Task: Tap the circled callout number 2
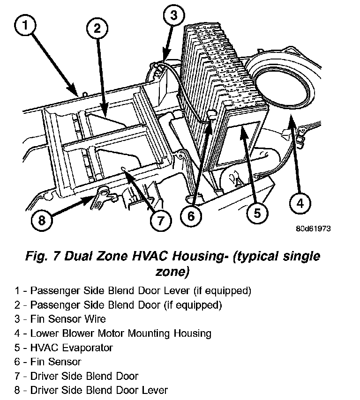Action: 97,29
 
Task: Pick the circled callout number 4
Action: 300,203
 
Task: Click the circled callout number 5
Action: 257,214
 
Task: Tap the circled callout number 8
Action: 42,220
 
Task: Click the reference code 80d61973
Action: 314,230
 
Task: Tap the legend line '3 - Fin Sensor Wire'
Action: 60,319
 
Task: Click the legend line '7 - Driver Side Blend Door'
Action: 76,376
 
